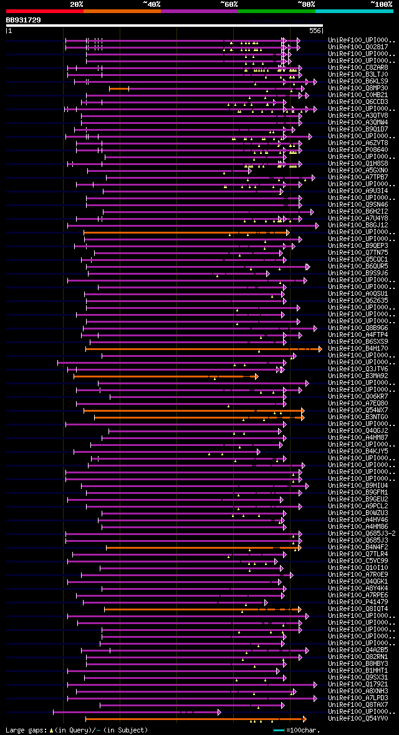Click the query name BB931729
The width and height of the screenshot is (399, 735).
pos(24,20)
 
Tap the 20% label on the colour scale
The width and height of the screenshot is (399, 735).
pos(77,4)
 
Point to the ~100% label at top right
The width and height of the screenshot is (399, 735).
pos(381,4)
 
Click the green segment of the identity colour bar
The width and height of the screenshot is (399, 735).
pos(276,11)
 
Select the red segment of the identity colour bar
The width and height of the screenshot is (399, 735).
pos(44,11)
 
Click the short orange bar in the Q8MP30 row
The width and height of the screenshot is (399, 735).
pos(118,88)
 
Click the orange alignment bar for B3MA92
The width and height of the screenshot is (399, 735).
pos(165,376)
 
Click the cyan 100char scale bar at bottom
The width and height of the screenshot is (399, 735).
pos(278,729)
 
